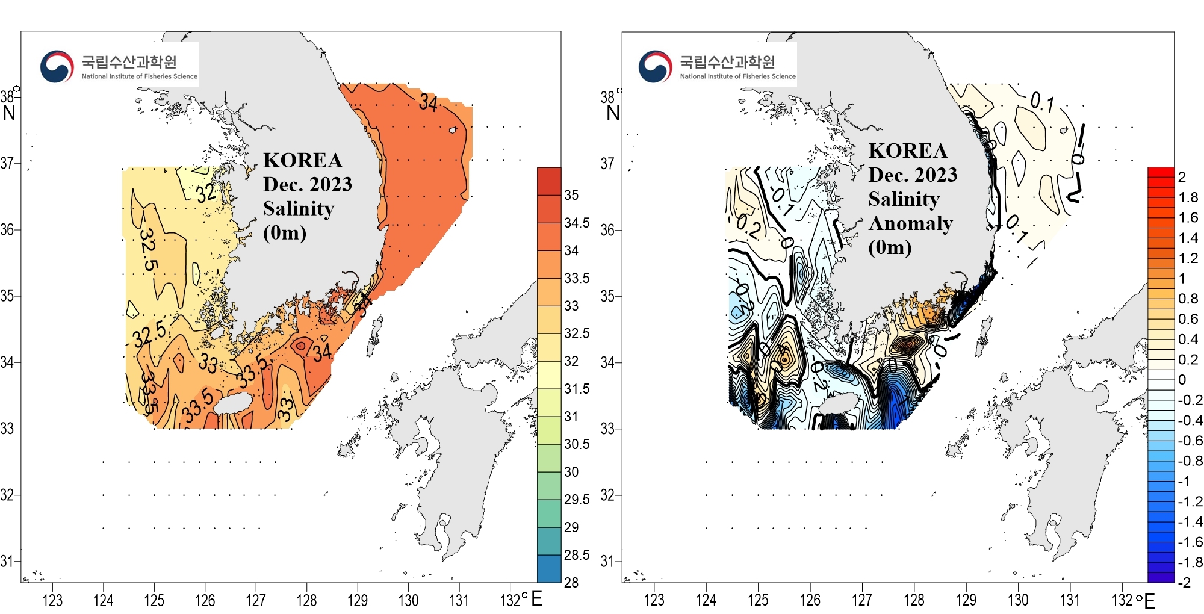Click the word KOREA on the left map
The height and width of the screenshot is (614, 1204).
tap(302, 160)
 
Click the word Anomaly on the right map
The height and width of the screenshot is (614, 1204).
tap(910, 223)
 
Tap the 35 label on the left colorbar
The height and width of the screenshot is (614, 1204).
tap(571, 195)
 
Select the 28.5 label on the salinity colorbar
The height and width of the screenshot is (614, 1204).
tap(576, 555)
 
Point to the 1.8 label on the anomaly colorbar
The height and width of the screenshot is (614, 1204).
tap(1188, 197)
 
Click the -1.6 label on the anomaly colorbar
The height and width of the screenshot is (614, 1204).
tap(1190, 542)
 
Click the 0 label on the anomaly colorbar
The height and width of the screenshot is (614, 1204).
tap(1182, 380)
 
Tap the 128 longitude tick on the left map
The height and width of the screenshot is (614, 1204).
tap(306, 600)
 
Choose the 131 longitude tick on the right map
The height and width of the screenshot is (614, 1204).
tap(1069, 600)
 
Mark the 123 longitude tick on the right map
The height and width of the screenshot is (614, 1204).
tap(654, 600)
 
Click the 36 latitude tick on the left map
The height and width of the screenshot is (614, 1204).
tap(7, 229)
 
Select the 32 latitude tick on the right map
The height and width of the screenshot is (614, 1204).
tap(607, 495)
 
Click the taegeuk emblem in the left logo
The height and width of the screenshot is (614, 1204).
tap(57, 66)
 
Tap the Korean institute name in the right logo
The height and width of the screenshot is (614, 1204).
tap(727, 61)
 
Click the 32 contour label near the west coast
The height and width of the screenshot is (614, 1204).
tap(206, 193)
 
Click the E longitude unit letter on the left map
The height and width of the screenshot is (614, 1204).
tap(536, 599)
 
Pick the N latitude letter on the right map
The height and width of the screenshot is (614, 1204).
tap(613, 113)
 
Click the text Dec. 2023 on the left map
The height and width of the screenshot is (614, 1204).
tap(307, 184)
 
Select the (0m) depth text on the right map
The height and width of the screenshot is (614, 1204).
tap(889, 247)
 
